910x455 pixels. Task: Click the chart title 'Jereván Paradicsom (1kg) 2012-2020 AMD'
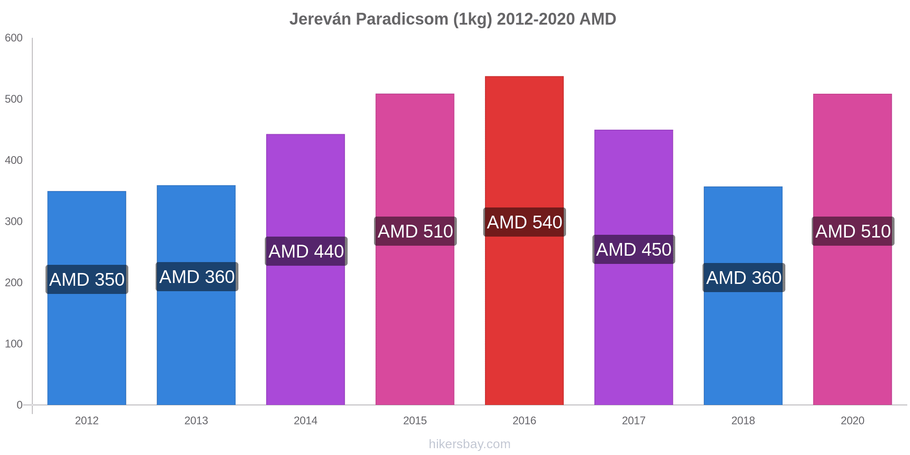[453, 19]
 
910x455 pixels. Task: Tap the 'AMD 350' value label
[87, 279]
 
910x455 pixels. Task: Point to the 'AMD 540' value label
[525, 222]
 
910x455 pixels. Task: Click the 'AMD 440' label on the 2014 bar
[306, 251]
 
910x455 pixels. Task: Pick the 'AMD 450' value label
[634, 249]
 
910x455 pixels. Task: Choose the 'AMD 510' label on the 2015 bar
[415, 231]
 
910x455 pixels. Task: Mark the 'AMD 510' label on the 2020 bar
[853, 231]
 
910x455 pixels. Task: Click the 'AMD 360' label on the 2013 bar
[197, 277]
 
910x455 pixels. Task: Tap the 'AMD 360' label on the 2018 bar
[744, 278]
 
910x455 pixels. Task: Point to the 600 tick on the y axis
[14, 38]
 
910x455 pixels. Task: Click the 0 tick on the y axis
[20, 405]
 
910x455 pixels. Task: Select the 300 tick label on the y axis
[14, 222]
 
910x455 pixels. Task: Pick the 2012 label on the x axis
[87, 420]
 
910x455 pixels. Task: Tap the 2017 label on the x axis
[634, 420]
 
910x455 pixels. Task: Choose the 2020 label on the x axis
[853, 420]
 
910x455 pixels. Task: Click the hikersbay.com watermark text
[470, 444]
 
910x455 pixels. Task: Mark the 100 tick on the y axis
[14, 344]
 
